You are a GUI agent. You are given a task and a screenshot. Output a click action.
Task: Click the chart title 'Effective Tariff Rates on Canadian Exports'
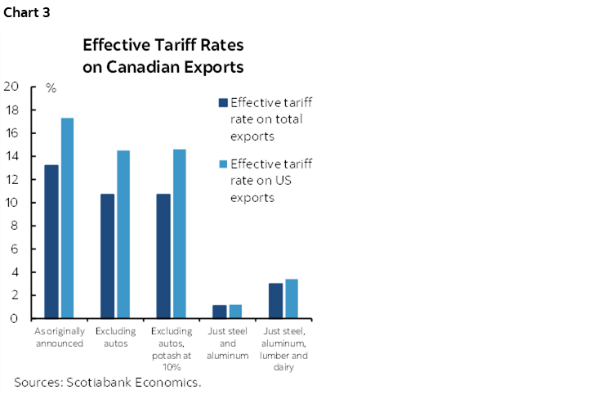163,56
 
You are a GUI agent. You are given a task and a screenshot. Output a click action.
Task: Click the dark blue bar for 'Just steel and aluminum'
219,312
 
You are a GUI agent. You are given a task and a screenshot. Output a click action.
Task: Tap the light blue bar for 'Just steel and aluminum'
235,312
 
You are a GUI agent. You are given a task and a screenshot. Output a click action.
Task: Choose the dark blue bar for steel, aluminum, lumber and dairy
275,300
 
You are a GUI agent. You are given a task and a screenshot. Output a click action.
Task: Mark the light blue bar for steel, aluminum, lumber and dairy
292,298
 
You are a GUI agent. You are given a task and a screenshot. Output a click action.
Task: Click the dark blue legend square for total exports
222,104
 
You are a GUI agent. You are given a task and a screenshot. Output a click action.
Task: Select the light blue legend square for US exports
222,164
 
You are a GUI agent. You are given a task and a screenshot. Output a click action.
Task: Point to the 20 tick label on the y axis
11,86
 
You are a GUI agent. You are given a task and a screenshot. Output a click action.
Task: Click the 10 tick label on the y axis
11,203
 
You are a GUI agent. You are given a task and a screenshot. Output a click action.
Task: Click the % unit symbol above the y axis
51,88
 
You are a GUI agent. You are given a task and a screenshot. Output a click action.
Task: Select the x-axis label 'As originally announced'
59,338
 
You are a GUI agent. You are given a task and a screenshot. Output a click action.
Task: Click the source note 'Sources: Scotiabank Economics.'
108,382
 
